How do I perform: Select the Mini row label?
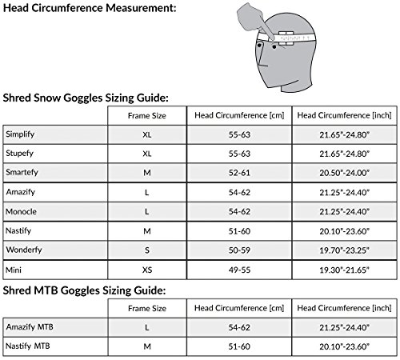point(14,272)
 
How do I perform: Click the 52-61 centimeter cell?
point(238,171)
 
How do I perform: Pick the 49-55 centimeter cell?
point(238,272)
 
